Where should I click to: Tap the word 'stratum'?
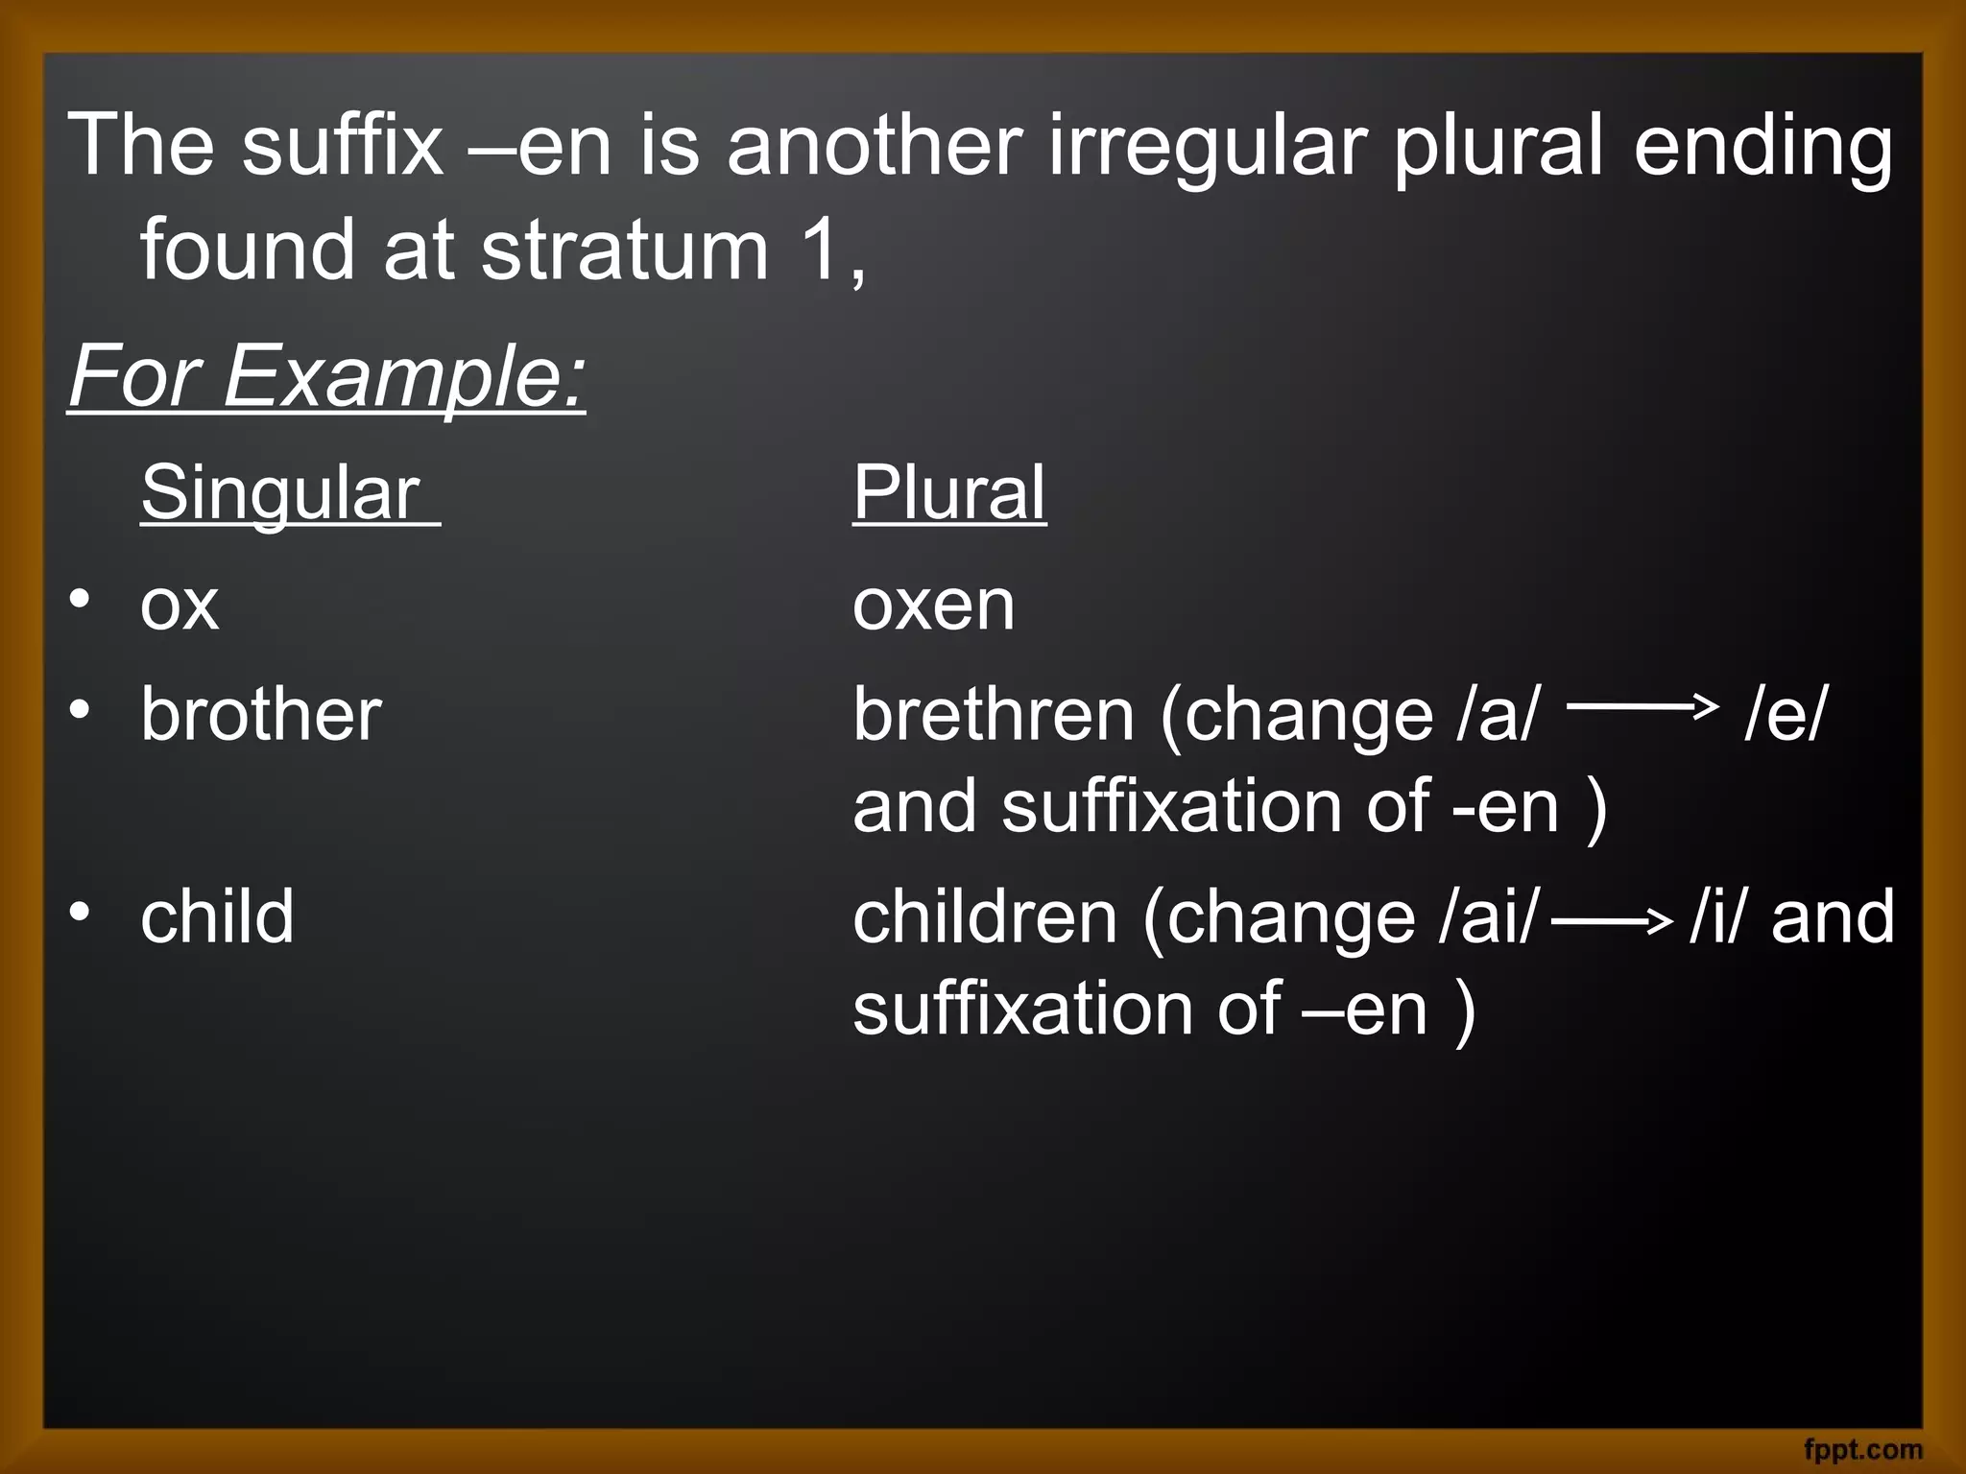(x=624, y=250)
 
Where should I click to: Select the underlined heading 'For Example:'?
(x=326, y=376)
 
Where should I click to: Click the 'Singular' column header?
(x=280, y=492)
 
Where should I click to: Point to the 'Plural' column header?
(x=948, y=492)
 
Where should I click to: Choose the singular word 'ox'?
(x=180, y=606)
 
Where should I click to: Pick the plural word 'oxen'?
(x=933, y=606)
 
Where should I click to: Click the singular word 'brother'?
(x=261, y=714)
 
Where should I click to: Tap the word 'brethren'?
(x=994, y=714)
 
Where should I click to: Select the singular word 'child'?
(x=217, y=916)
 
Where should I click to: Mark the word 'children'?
(x=985, y=916)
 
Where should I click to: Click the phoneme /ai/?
(x=1489, y=916)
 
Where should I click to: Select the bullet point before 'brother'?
(x=81, y=710)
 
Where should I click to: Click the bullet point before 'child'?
(x=81, y=912)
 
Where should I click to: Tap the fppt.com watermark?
(x=1863, y=1448)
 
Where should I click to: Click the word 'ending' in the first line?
(x=1763, y=147)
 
